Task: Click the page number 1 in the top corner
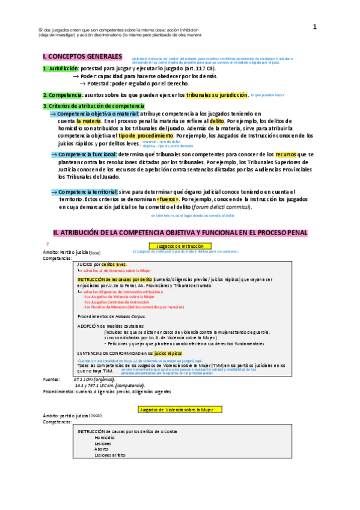[314, 26]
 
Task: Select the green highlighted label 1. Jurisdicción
[60, 69]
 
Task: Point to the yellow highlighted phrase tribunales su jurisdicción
[207, 95]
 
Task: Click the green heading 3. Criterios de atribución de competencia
[93, 106]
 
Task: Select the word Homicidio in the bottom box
[104, 421]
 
